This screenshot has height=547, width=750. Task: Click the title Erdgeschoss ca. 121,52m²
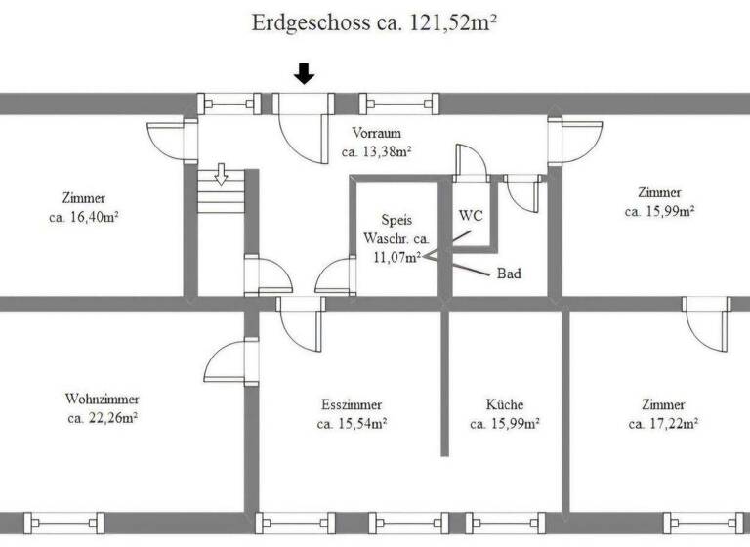coord(376,23)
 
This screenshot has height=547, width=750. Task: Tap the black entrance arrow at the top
coord(305,73)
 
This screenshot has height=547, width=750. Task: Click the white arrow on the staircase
coord(221,175)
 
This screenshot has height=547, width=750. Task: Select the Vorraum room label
coord(376,134)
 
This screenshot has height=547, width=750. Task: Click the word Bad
coord(508,274)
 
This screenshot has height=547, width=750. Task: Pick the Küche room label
coord(505,404)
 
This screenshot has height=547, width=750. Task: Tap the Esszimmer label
coord(352,404)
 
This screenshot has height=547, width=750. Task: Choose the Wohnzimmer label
coord(102,400)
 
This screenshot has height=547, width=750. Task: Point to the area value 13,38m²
coord(376,152)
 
